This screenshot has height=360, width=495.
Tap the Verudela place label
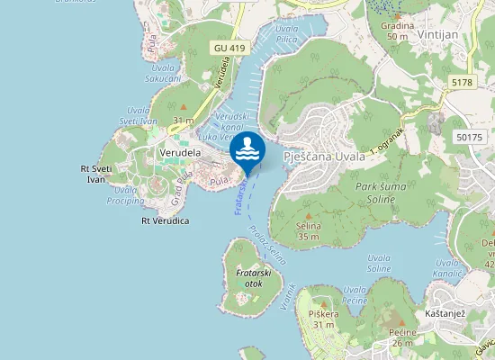tap(179, 153)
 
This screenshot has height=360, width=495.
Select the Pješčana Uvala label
tap(324, 156)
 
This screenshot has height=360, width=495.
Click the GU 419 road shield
tap(230, 47)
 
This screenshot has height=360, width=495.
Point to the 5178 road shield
tap(462, 83)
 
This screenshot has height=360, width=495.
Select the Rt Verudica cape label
tap(165, 220)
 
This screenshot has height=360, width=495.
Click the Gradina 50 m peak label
tap(397, 31)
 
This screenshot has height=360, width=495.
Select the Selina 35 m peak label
tap(309, 231)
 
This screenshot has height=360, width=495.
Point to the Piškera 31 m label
tap(323, 319)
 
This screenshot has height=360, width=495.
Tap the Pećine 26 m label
tap(402, 337)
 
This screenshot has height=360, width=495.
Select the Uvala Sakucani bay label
tap(163, 72)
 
